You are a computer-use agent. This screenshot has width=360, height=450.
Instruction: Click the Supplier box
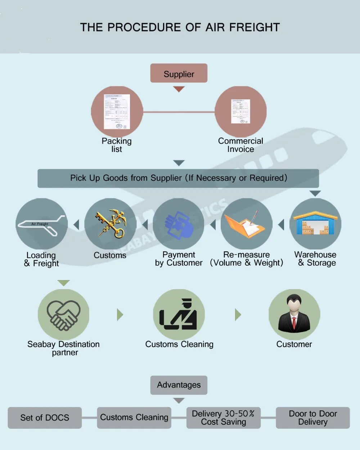(179, 73)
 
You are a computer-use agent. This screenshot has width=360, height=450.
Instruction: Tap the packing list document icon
(117, 112)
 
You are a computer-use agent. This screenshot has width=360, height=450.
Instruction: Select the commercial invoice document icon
(240, 112)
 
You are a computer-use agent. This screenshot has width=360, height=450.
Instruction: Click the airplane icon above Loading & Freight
(42, 225)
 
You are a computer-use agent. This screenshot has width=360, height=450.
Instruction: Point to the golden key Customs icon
(111, 224)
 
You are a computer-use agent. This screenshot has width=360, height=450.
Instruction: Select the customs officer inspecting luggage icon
(179, 315)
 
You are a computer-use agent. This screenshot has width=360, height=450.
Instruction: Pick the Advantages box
(179, 385)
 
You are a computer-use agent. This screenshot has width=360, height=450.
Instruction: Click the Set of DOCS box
(45, 418)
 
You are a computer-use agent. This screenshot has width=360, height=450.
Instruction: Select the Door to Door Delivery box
(312, 418)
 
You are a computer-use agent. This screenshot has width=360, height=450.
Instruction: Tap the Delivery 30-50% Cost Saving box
(223, 418)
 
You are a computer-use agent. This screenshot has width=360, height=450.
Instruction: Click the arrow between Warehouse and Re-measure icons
(281, 225)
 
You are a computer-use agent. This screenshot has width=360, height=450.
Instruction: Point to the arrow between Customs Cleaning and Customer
(238, 315)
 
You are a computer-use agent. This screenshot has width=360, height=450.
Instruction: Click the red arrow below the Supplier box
(179, 89)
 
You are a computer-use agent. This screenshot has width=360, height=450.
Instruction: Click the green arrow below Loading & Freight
(63, 283)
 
